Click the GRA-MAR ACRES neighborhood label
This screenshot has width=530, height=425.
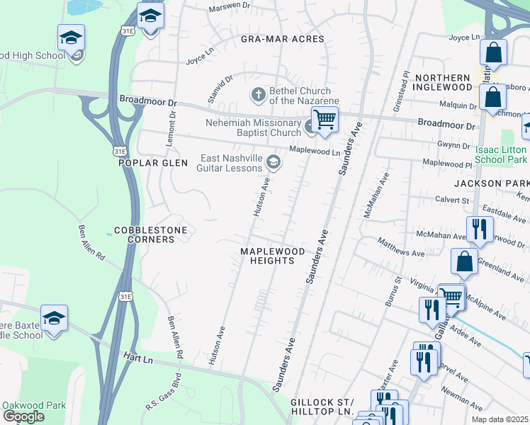tap(282, 39)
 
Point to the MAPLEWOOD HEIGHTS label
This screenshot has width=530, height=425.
tap(272, 256)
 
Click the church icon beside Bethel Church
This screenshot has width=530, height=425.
tap(259, 94)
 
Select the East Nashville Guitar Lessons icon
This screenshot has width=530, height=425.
tap(272, 164)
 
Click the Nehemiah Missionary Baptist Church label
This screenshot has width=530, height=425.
tap(253, 127)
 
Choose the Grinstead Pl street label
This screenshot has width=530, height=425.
tap(400, 91)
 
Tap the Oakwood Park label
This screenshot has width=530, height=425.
tap(34, 405)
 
